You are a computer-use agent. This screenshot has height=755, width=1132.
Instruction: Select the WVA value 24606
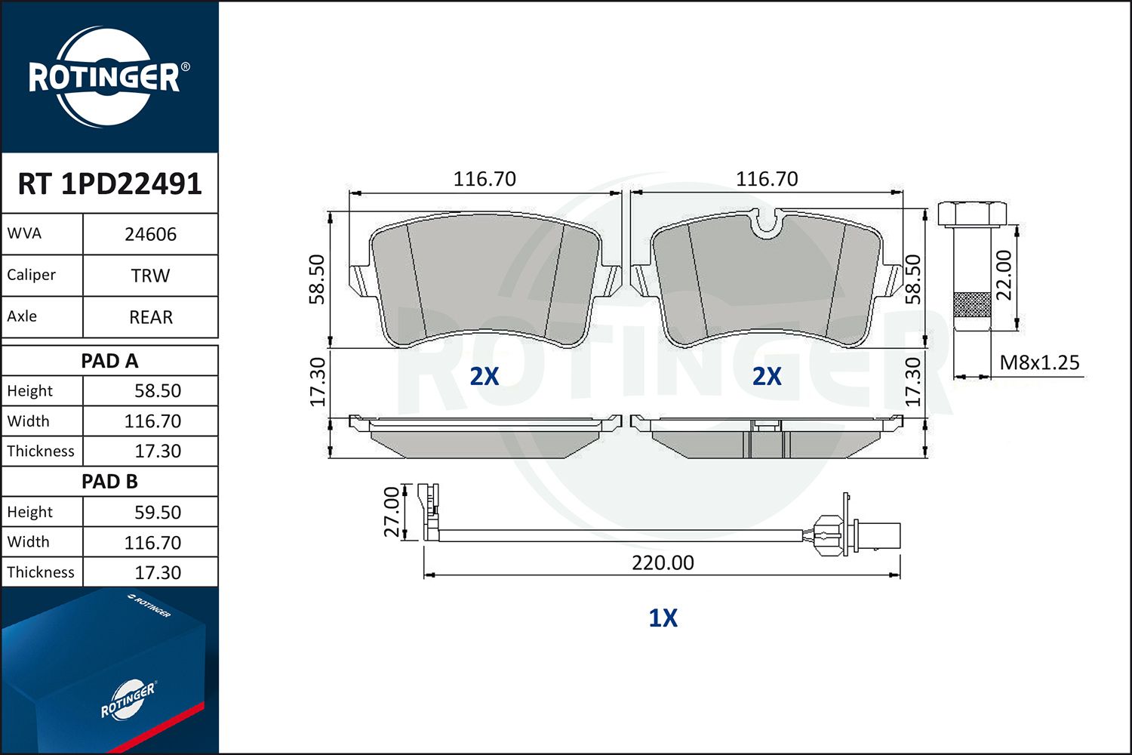tap(151, 234)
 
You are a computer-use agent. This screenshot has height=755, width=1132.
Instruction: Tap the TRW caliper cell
tap(151, 276)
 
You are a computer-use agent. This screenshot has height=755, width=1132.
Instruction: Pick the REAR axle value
tap(151, 317)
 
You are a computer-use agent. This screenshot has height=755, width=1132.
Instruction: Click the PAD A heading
tap(109, 361)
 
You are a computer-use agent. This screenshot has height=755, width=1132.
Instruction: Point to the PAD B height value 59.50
tap(158, 512)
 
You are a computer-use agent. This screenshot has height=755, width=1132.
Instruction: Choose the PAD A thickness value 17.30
tap(158, 451)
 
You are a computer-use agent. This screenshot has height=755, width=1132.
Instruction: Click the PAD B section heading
tap(109, 482)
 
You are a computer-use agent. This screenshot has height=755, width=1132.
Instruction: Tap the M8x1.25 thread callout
tap(1039, 362)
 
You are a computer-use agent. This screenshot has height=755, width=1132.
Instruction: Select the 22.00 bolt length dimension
tap(1004, 276)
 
